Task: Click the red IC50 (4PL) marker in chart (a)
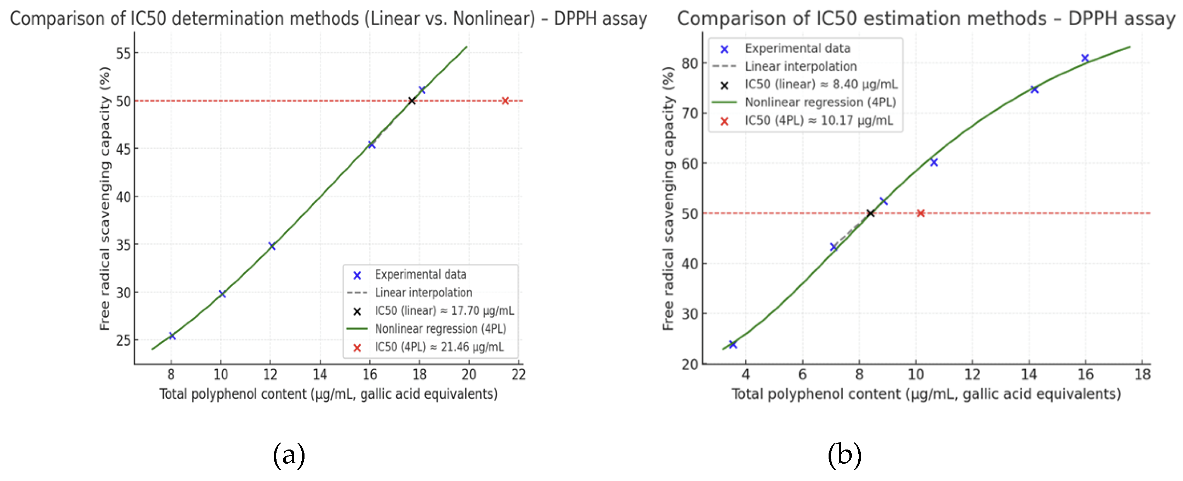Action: [x=505, y=101]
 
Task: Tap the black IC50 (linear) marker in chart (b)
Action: [x=870, y=213]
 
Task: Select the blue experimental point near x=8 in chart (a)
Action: [x=172, y=336]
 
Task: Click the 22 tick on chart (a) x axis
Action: [x=518, y=375]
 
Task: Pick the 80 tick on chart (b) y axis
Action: [x=690, y=63]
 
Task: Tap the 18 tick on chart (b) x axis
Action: [x=1142, y=375]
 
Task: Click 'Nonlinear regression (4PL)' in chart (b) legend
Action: [x=820, y=102]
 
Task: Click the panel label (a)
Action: [x=289, y=455]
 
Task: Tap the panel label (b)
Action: [x=844, y=455]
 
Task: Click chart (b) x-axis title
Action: [x=926, y=394]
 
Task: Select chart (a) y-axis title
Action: [x=105, y=198]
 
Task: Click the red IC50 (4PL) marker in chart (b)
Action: [x=920, y=213]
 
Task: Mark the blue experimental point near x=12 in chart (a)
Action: [x=272, y=246]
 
